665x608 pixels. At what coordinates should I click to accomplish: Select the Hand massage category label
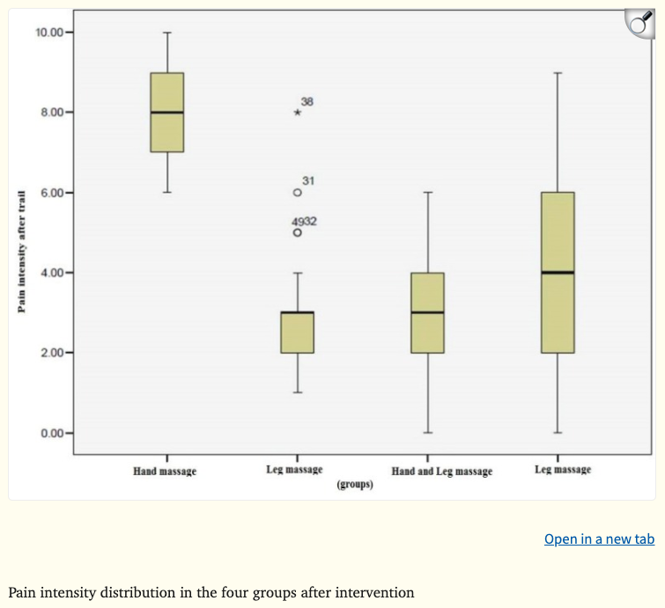click(165, 472)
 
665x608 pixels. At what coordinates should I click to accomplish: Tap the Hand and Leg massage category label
click(442, 472)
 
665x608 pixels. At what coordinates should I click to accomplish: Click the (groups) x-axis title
click(355, 484)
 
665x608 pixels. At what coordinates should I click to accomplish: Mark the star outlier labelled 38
click(298, 113)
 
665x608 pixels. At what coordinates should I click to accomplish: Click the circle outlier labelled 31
click(298, 192)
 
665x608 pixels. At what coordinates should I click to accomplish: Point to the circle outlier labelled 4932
click(298, 232)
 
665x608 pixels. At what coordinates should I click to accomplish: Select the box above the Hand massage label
click(167, 113)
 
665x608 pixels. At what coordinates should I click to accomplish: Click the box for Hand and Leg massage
click(428, 312)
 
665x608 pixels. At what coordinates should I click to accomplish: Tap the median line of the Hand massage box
click(167, 113)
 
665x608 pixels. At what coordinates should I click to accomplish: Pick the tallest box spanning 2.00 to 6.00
click(558, 273)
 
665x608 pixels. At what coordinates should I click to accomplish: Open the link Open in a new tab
click(599, 538)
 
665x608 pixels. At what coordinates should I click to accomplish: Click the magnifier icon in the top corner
click(640, 26)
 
